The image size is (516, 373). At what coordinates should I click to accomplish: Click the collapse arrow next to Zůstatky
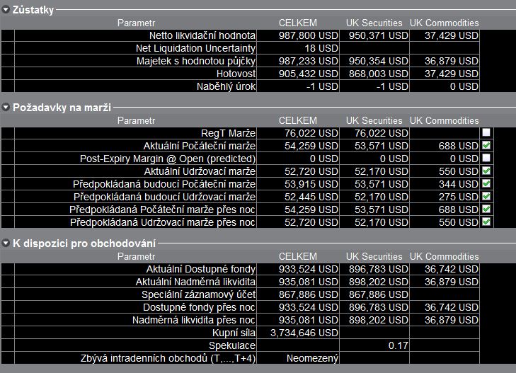6,10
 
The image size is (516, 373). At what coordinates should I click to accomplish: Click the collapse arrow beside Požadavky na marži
6,108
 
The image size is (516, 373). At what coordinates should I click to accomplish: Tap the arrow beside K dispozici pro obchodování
6,243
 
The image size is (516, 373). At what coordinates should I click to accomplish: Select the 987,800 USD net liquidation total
309,35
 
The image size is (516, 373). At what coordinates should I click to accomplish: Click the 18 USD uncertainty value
321,48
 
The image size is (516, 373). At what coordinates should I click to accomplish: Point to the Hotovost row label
236,74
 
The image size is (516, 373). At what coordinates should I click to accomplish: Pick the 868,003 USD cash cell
379,74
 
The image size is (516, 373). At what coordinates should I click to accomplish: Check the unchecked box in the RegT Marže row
486,132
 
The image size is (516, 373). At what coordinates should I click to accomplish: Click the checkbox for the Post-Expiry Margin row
486,158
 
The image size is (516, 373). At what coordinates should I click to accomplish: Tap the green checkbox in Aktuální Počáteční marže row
486,145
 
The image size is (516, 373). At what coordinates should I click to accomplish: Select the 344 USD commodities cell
459,184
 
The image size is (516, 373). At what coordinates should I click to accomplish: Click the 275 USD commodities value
459,197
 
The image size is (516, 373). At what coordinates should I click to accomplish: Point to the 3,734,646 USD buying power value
304,333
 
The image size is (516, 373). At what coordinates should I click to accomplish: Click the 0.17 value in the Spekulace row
399,345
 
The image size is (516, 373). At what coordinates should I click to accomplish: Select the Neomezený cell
312,359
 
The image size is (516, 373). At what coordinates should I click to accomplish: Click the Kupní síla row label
234,333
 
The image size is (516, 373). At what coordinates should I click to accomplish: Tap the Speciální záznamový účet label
198,294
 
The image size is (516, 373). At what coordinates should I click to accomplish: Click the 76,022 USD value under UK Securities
382,133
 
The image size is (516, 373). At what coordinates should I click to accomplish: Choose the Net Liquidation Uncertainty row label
196,48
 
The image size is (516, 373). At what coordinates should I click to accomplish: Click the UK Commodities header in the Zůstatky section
445,23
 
